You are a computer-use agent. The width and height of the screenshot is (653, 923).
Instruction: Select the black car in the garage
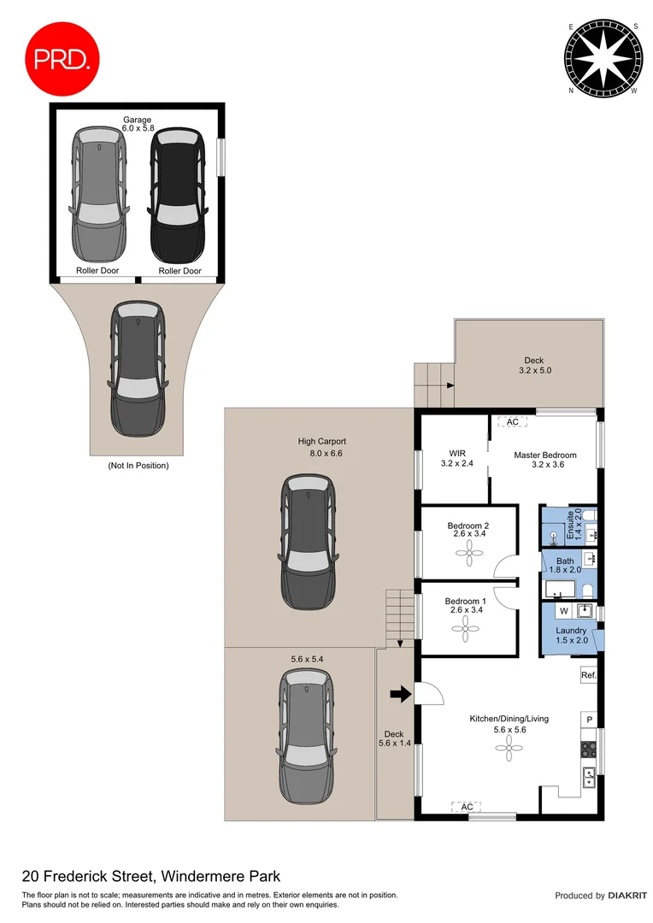tap(179, 197)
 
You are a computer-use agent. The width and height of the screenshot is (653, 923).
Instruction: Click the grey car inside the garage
tap(100, 197)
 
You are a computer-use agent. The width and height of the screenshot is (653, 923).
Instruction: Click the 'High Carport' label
tap(321, 442)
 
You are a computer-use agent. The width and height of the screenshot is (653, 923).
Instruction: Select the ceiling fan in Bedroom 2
tap(469, 554)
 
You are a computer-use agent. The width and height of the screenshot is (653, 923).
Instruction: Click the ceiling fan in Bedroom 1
tap(468, 632)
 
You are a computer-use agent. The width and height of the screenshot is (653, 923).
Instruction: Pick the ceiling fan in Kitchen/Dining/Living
tap(509, 749)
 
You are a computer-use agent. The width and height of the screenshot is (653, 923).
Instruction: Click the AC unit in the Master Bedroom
tap(513, 422)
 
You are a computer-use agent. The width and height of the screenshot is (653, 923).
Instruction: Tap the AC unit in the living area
tap(467, 807)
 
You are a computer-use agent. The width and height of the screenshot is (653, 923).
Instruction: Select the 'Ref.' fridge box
tap(588, 675)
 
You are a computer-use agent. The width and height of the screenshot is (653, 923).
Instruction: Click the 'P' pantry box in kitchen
tap(588, 720)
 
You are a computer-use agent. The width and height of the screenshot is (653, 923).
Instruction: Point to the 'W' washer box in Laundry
tap(563, 611)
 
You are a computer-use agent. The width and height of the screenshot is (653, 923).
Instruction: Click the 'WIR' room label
tap(456, 454)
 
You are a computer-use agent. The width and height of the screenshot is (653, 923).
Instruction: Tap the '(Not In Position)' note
tap(138, 466)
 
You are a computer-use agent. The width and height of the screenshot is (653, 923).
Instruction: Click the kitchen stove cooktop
tap(589, 750)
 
